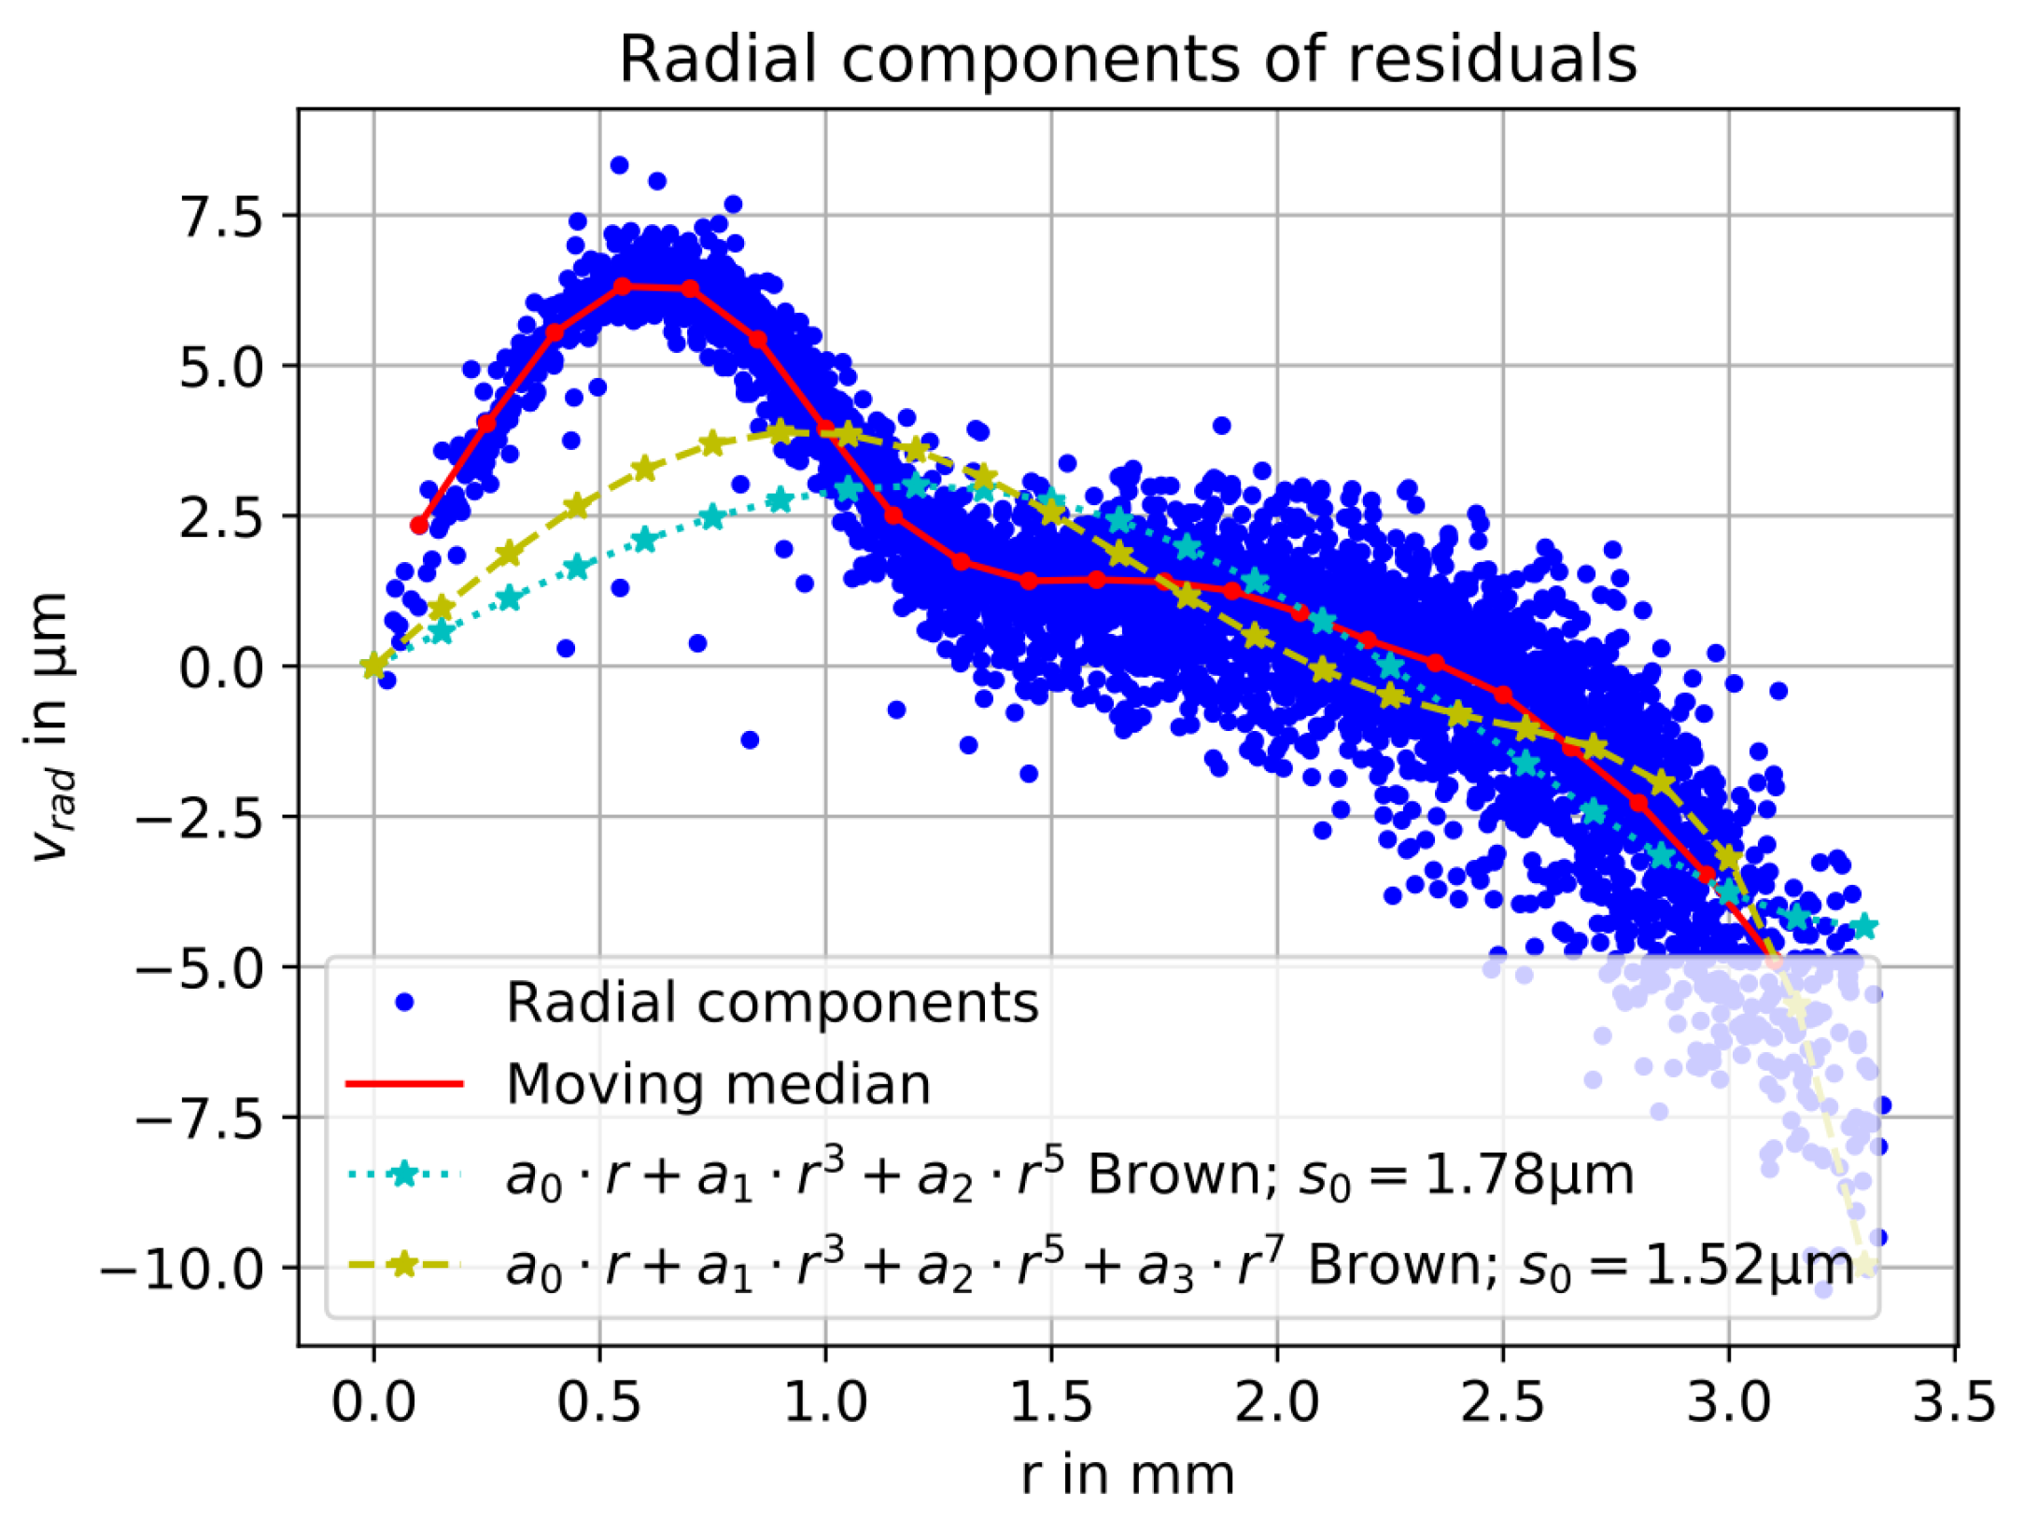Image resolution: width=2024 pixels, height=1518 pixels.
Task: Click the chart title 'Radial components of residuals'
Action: tap(1127, 59)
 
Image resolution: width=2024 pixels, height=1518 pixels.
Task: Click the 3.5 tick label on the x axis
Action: tap(1953, 1402)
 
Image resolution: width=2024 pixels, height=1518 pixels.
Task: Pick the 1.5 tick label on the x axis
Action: tap(1051, 1402)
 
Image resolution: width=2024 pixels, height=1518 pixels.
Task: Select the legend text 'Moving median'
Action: tap(718, 1085)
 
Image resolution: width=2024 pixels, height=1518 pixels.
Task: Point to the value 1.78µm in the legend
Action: tap(1528, 1174)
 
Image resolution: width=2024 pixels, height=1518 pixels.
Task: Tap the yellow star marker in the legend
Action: tap(404, 1265)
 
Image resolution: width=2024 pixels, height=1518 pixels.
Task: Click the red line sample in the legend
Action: tap(404, 1084)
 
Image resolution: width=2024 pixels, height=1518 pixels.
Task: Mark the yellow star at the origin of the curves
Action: tap(373, 666)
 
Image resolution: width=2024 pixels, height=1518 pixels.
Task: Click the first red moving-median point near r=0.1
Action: tap(419, 526)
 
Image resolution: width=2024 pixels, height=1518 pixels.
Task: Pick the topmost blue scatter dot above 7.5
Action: tap(619, 165)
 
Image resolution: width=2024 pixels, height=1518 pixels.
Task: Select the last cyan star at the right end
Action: tap(1864, 926)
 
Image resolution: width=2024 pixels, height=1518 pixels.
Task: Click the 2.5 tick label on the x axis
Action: tap(1503, 1402)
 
